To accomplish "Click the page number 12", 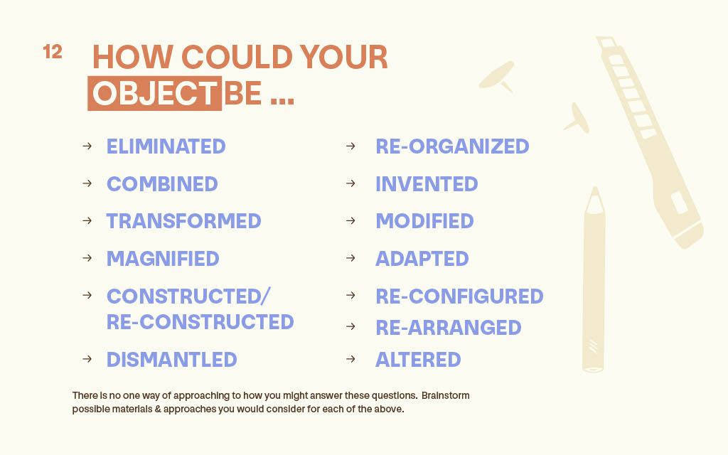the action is tap(53, 51).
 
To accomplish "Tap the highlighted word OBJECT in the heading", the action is tap(154, 93).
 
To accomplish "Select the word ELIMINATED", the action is tap(166, 146).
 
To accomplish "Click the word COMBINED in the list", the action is tap(162, 184).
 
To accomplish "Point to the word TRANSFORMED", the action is tap(184, 221).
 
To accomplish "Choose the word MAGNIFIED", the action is tap(163, 259).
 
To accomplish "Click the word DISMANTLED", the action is tap(172, 359).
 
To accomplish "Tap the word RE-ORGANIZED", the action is tap(452, 146).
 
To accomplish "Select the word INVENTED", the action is tap(427, 184).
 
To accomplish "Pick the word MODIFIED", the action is tap(425, 221).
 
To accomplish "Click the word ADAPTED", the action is tap(422, 259).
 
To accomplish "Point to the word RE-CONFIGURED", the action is tap(459, 296).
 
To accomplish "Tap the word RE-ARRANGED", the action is tap(449, 328).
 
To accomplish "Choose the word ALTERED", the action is tap(418, 359).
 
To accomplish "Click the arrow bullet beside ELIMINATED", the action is tap(87, 146).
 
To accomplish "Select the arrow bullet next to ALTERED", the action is tap(350, 359).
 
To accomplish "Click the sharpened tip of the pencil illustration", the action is tap(595, 188).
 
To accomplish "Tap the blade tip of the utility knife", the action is tap(599, 38).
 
